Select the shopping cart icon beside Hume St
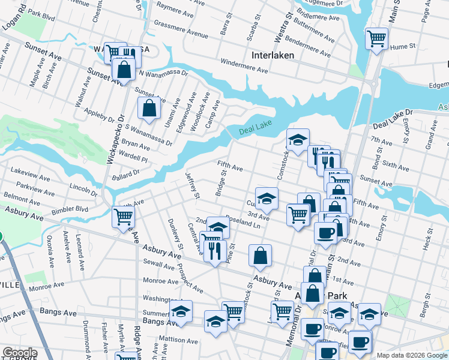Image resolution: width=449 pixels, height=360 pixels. [x=376, y=39]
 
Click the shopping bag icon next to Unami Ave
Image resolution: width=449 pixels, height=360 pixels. [x=149, y=109]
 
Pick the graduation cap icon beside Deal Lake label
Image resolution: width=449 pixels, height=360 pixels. [x=297, y=140]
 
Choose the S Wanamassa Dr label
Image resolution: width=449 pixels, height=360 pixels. [x=149, y=135]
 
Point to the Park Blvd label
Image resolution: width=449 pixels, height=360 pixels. [x=41, y=13]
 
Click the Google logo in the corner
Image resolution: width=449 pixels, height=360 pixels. [x=20, y=353]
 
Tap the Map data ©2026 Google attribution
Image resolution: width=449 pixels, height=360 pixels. [x=411, y=355]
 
